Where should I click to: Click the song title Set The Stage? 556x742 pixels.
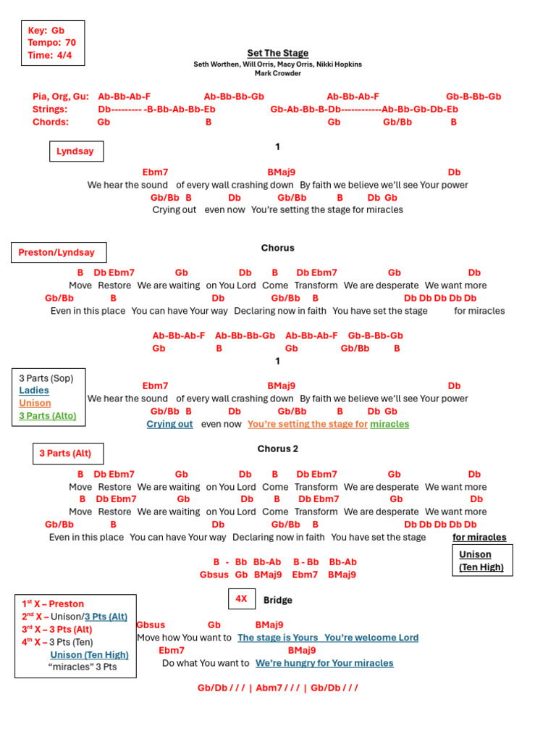coord(277,53)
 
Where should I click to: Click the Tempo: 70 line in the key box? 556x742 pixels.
coord(51,43)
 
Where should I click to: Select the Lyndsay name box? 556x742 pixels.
coord(75,151)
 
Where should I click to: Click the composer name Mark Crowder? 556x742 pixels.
coord(277,73)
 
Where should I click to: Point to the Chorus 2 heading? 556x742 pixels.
coord(277,449)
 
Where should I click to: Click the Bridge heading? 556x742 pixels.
coord(277,600)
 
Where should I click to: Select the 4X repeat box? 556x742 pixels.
coord(241,599)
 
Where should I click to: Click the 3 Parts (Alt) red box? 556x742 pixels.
coord(65,454)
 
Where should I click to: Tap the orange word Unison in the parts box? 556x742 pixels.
coord(35,403)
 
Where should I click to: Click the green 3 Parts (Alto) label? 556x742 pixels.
coord(47,416)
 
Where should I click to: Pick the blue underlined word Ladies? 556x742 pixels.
coord(33,391)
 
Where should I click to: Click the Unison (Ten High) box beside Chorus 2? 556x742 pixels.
coord(481,561)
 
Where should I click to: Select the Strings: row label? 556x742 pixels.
coord(50,109)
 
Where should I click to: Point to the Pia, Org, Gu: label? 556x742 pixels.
coord(61,96)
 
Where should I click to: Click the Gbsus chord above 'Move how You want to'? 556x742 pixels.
coord(151,625)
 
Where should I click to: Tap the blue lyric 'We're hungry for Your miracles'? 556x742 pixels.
coord(324,662)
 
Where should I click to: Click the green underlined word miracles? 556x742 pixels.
coord(389,424)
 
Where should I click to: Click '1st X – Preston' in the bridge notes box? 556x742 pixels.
coord(53,604)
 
